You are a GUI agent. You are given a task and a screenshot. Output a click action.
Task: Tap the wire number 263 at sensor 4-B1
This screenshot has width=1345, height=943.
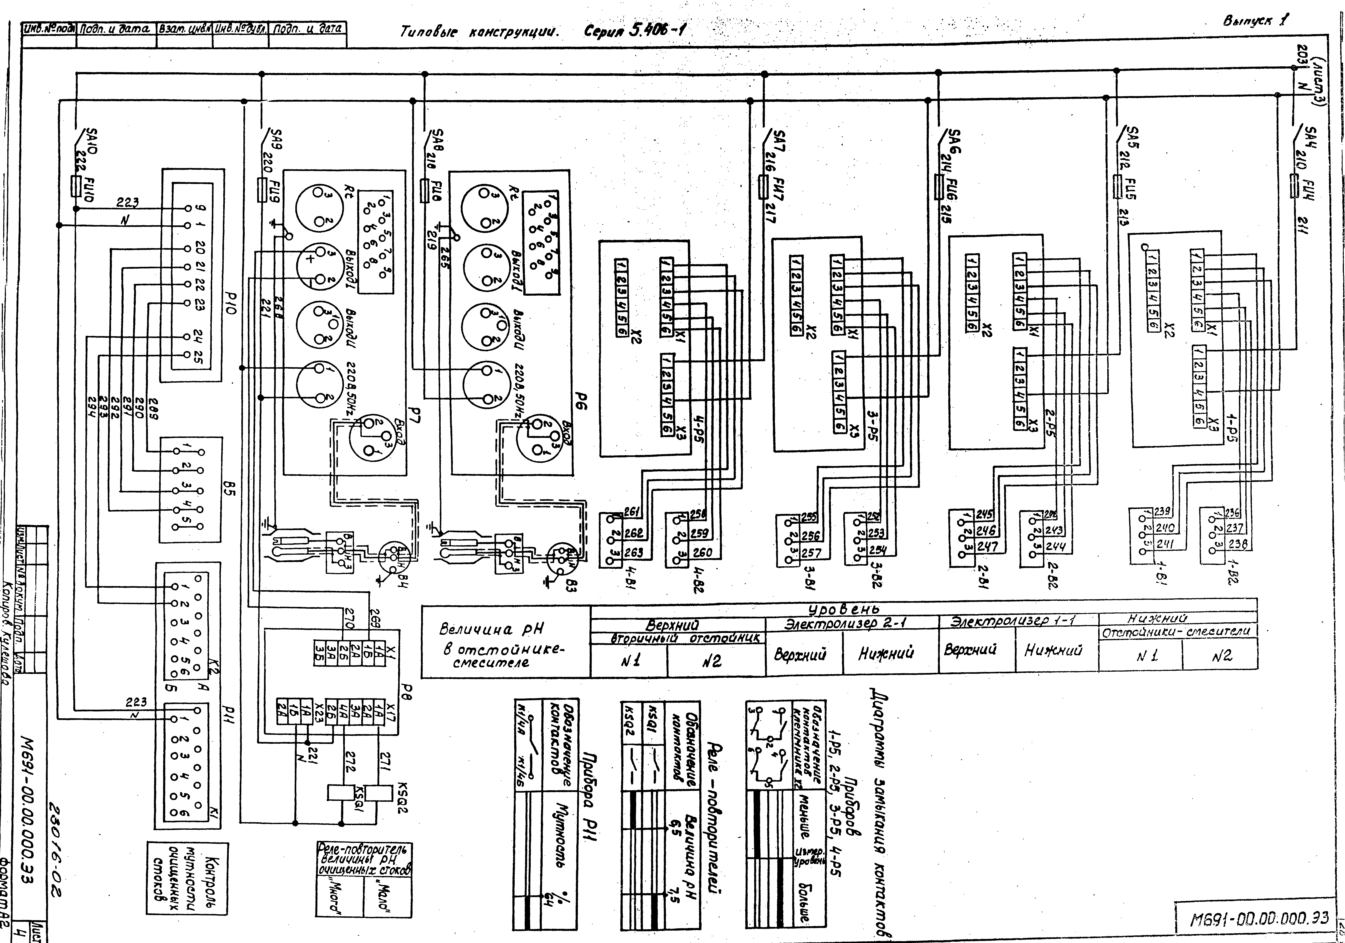point(633,552)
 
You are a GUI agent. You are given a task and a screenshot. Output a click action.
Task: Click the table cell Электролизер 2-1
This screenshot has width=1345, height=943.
point(854,624)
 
